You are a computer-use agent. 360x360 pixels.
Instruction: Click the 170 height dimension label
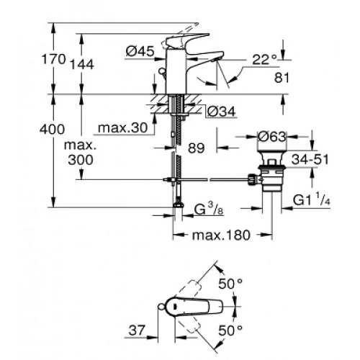53,59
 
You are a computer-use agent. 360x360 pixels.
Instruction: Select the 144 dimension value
82,65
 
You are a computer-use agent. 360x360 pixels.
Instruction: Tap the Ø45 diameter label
140,51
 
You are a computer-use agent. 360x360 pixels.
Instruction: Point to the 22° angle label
265,59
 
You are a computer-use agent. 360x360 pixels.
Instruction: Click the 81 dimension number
282,77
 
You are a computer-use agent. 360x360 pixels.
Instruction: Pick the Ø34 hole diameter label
221,112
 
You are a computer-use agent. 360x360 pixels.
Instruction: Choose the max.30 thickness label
122,128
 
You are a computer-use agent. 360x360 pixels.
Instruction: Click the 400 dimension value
52,130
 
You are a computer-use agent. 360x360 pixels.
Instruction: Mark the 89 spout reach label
196,148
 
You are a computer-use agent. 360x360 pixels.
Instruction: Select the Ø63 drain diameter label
272,137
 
